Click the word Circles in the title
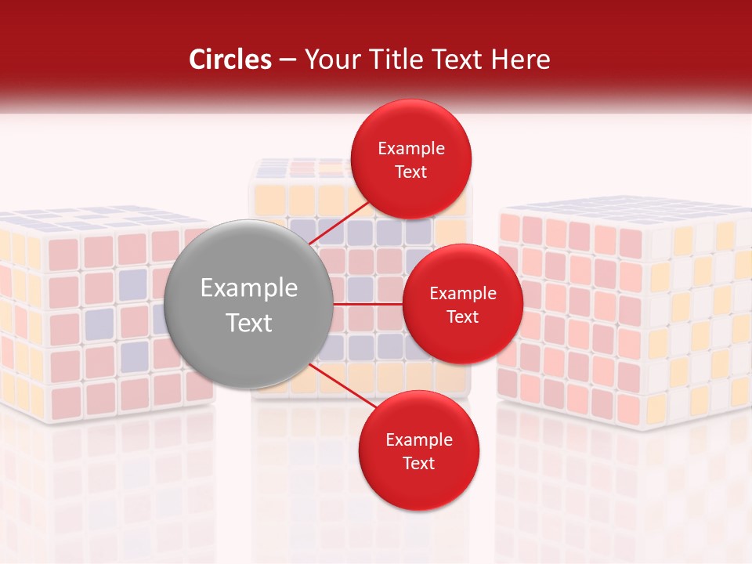click(230, 60)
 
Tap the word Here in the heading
click(522, 60)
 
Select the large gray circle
click(248, 305)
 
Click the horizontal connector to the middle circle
click(367, 303)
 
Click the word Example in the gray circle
click(248, 288)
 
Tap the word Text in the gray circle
click(248, 323)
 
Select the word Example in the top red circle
click(411, 149)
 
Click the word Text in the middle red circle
click(462, 317)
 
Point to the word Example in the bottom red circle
click(418, 440)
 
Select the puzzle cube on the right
click(627, 313)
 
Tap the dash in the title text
click(287, 60)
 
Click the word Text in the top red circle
click(410, 172)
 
